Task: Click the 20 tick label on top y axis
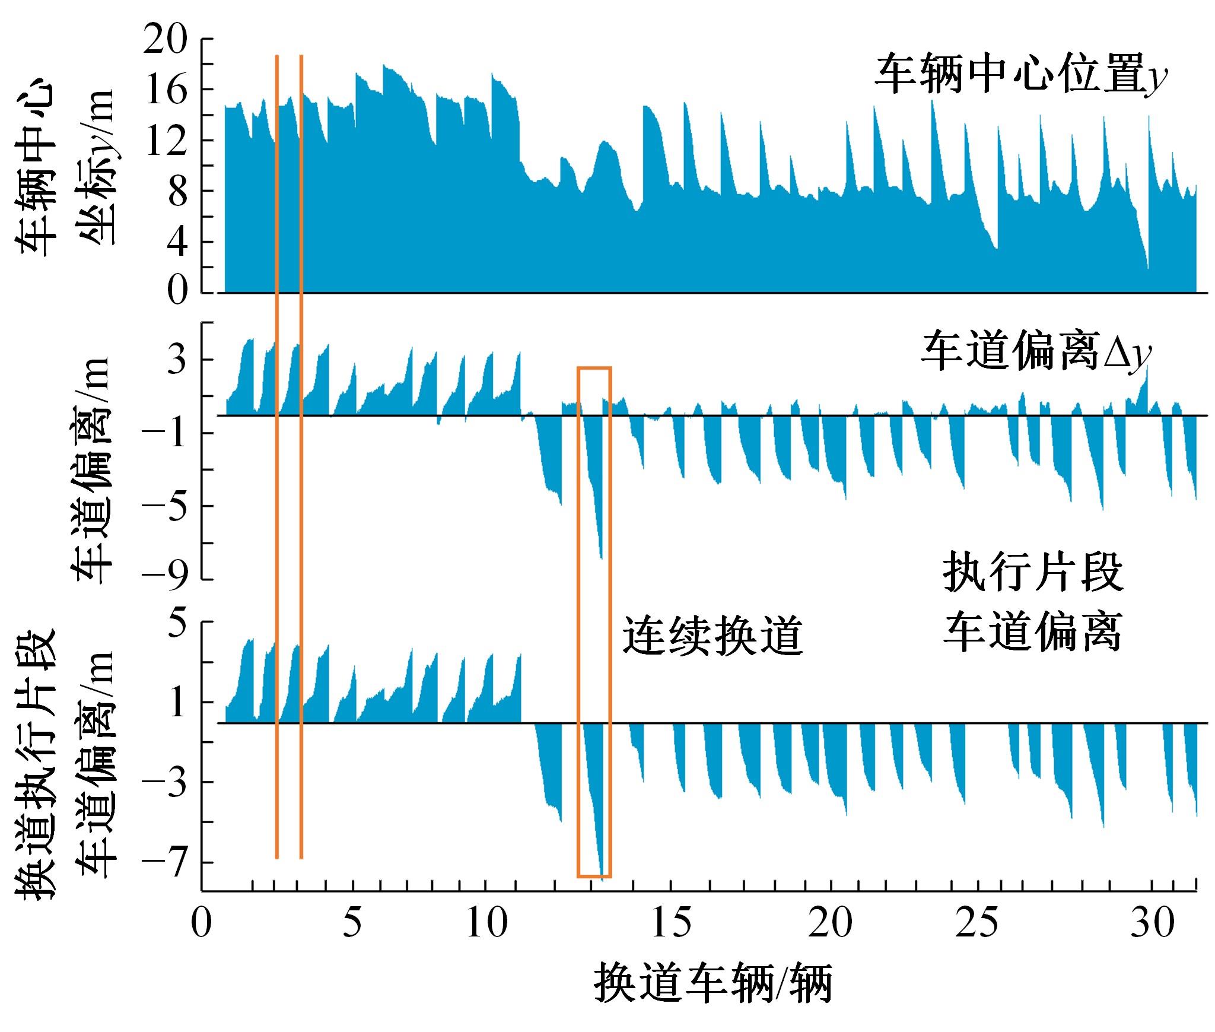(x=166, y=40)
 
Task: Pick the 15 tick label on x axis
(x=671, y=924)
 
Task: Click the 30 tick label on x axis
(x=1152, y=924)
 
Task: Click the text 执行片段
(x=1033, y=573)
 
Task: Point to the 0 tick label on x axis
(x=202, y=924)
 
